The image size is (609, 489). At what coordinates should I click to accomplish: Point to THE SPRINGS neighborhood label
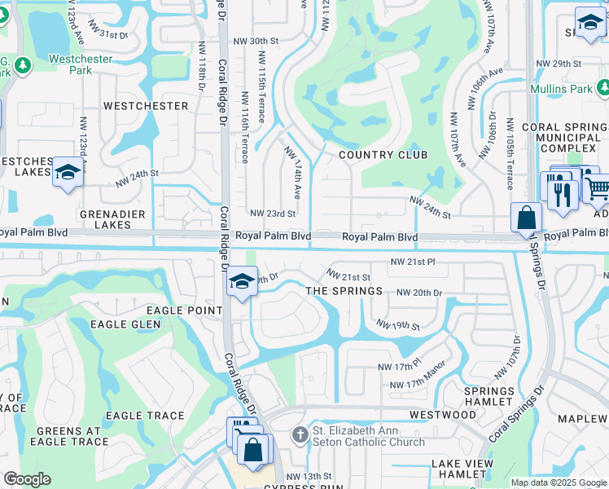coord(344,291)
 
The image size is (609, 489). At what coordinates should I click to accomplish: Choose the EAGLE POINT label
coord(184,311)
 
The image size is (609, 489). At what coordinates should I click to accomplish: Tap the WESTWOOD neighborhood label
coord(442,415)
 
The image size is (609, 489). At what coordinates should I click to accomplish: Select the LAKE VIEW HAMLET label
coord(462,469)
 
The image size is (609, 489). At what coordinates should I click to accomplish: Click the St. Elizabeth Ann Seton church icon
coord(300,435)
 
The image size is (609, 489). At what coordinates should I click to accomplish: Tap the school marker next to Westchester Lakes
coord(67,173)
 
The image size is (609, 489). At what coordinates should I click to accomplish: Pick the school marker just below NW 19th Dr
coord(241,282)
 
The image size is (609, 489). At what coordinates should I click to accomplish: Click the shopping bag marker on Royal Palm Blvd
coord(527,218)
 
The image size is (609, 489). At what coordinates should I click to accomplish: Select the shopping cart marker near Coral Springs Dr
coord(598,188)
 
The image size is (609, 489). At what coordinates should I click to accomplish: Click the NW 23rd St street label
coord(273,214)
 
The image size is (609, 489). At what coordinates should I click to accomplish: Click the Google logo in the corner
coord(27,479)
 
